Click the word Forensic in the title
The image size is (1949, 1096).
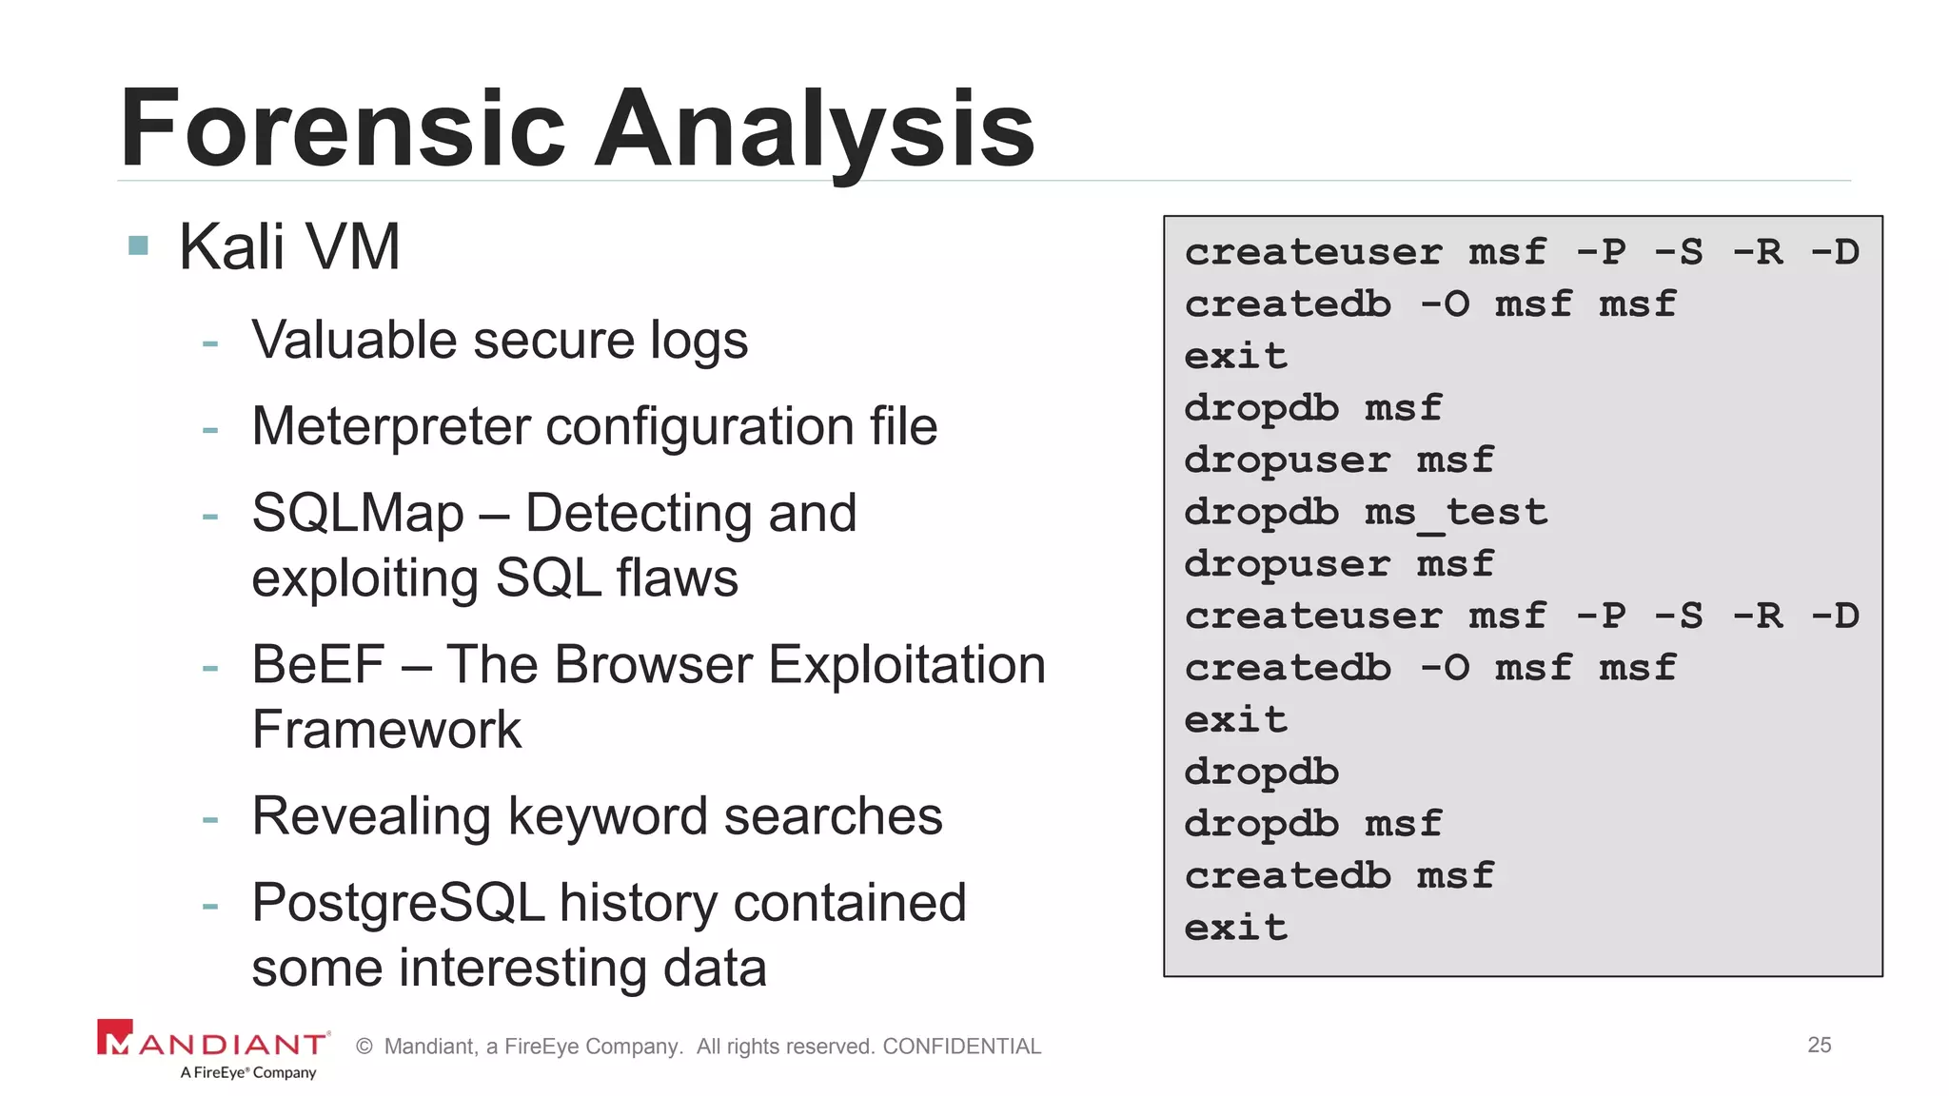tap(343, 128)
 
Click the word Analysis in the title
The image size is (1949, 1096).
tap(815, 128)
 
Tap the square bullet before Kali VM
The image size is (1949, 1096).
tap(139, 246)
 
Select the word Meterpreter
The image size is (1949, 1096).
tap(390, 426)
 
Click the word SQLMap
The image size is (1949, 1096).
tap(358, 514)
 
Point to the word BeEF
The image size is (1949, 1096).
tap(318, 665)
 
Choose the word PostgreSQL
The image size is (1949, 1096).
tap(398, 903)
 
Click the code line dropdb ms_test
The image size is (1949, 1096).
tap(1366, 513)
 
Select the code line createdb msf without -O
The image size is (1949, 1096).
tap(1339, 876)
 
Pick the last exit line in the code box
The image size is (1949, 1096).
tap(1235, 928)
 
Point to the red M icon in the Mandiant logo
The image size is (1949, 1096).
tap(115, 1038)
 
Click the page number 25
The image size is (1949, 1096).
tap(1819, 1045)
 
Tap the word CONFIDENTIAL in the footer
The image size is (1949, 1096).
tap(961, 1047)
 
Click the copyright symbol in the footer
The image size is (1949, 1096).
tap(364, 1047)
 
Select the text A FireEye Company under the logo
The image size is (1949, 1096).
tap(247, 1073)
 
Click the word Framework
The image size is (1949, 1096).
tap(386, 731)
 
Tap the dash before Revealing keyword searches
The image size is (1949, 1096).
tap(210, 818)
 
